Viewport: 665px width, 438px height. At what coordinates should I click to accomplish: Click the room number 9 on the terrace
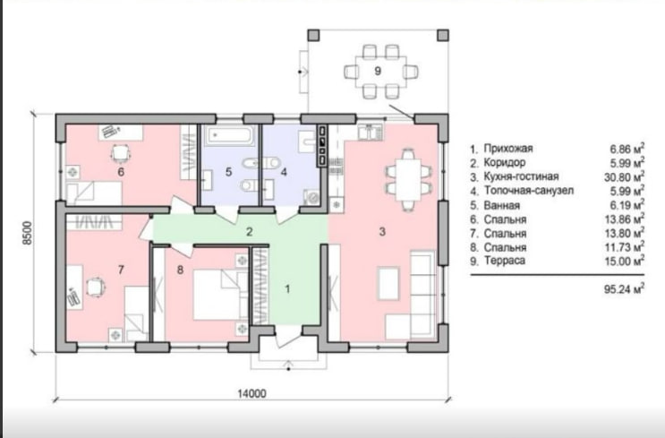[x=378, y=71]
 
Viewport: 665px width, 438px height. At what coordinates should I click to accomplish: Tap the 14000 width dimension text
[x=252, y=394]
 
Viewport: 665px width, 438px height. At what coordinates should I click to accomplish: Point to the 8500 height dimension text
[x=28, y=233]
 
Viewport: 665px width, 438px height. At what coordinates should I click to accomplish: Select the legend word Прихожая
[x=508, y=149]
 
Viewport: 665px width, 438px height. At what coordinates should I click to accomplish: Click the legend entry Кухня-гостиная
[x=521, y=176]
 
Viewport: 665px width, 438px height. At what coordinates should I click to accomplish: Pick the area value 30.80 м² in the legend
[x=625, y=176]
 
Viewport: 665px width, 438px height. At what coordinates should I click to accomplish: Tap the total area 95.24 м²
[x=625, y=289]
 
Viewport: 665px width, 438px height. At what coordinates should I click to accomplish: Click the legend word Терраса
[x=505, y=261]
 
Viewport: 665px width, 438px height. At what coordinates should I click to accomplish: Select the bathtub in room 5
[x=230, y=135]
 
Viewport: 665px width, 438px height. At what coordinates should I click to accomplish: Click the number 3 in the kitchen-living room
[x=382, y=231]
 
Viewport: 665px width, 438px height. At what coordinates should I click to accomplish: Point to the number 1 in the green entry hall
[x=287, y=289]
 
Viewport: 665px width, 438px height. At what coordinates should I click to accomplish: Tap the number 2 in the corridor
[x=250, y=232]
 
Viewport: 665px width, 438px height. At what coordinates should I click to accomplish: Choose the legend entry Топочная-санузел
[x=529, y=191]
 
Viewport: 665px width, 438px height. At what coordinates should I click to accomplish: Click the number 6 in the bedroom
[x=121, y=172]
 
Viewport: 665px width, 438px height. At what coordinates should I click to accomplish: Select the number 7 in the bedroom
[x=121, y=270]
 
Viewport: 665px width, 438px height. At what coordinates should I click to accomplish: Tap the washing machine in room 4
[x=312, y=197]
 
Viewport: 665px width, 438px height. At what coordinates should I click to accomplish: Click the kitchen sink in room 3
[x=371, y=132]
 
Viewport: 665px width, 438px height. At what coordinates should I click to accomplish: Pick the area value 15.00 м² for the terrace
[x=625, y=260]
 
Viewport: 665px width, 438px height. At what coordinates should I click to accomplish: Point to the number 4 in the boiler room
[x=284, y=172]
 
